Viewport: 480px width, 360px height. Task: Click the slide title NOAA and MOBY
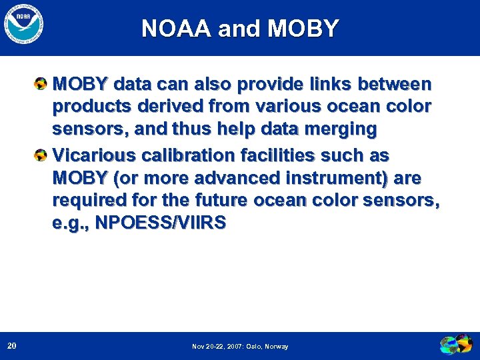point(240,29)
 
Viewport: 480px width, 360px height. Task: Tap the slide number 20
point(12,345)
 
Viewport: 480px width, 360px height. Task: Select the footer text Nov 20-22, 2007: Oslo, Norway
point(240,347)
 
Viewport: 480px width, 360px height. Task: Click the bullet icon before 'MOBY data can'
point(41,85)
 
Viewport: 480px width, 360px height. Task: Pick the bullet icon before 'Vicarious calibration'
point(41,155)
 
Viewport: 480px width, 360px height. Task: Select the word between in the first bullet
point(395,85)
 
